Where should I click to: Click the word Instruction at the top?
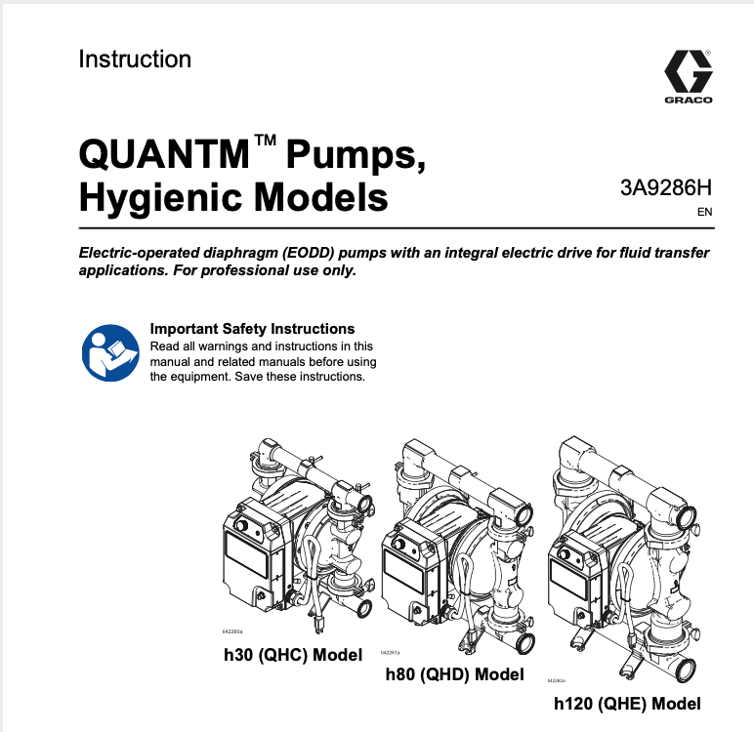coord(135,60)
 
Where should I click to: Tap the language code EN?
coord(704,212)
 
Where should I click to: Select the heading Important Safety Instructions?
coord(252,329)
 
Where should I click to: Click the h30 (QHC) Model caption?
coord(293,654)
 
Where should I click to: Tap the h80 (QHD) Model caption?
coord(454,674)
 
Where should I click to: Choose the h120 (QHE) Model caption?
coord(627,704)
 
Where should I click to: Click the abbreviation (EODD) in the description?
coord(305,253)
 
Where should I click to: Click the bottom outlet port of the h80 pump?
coord(528,644)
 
